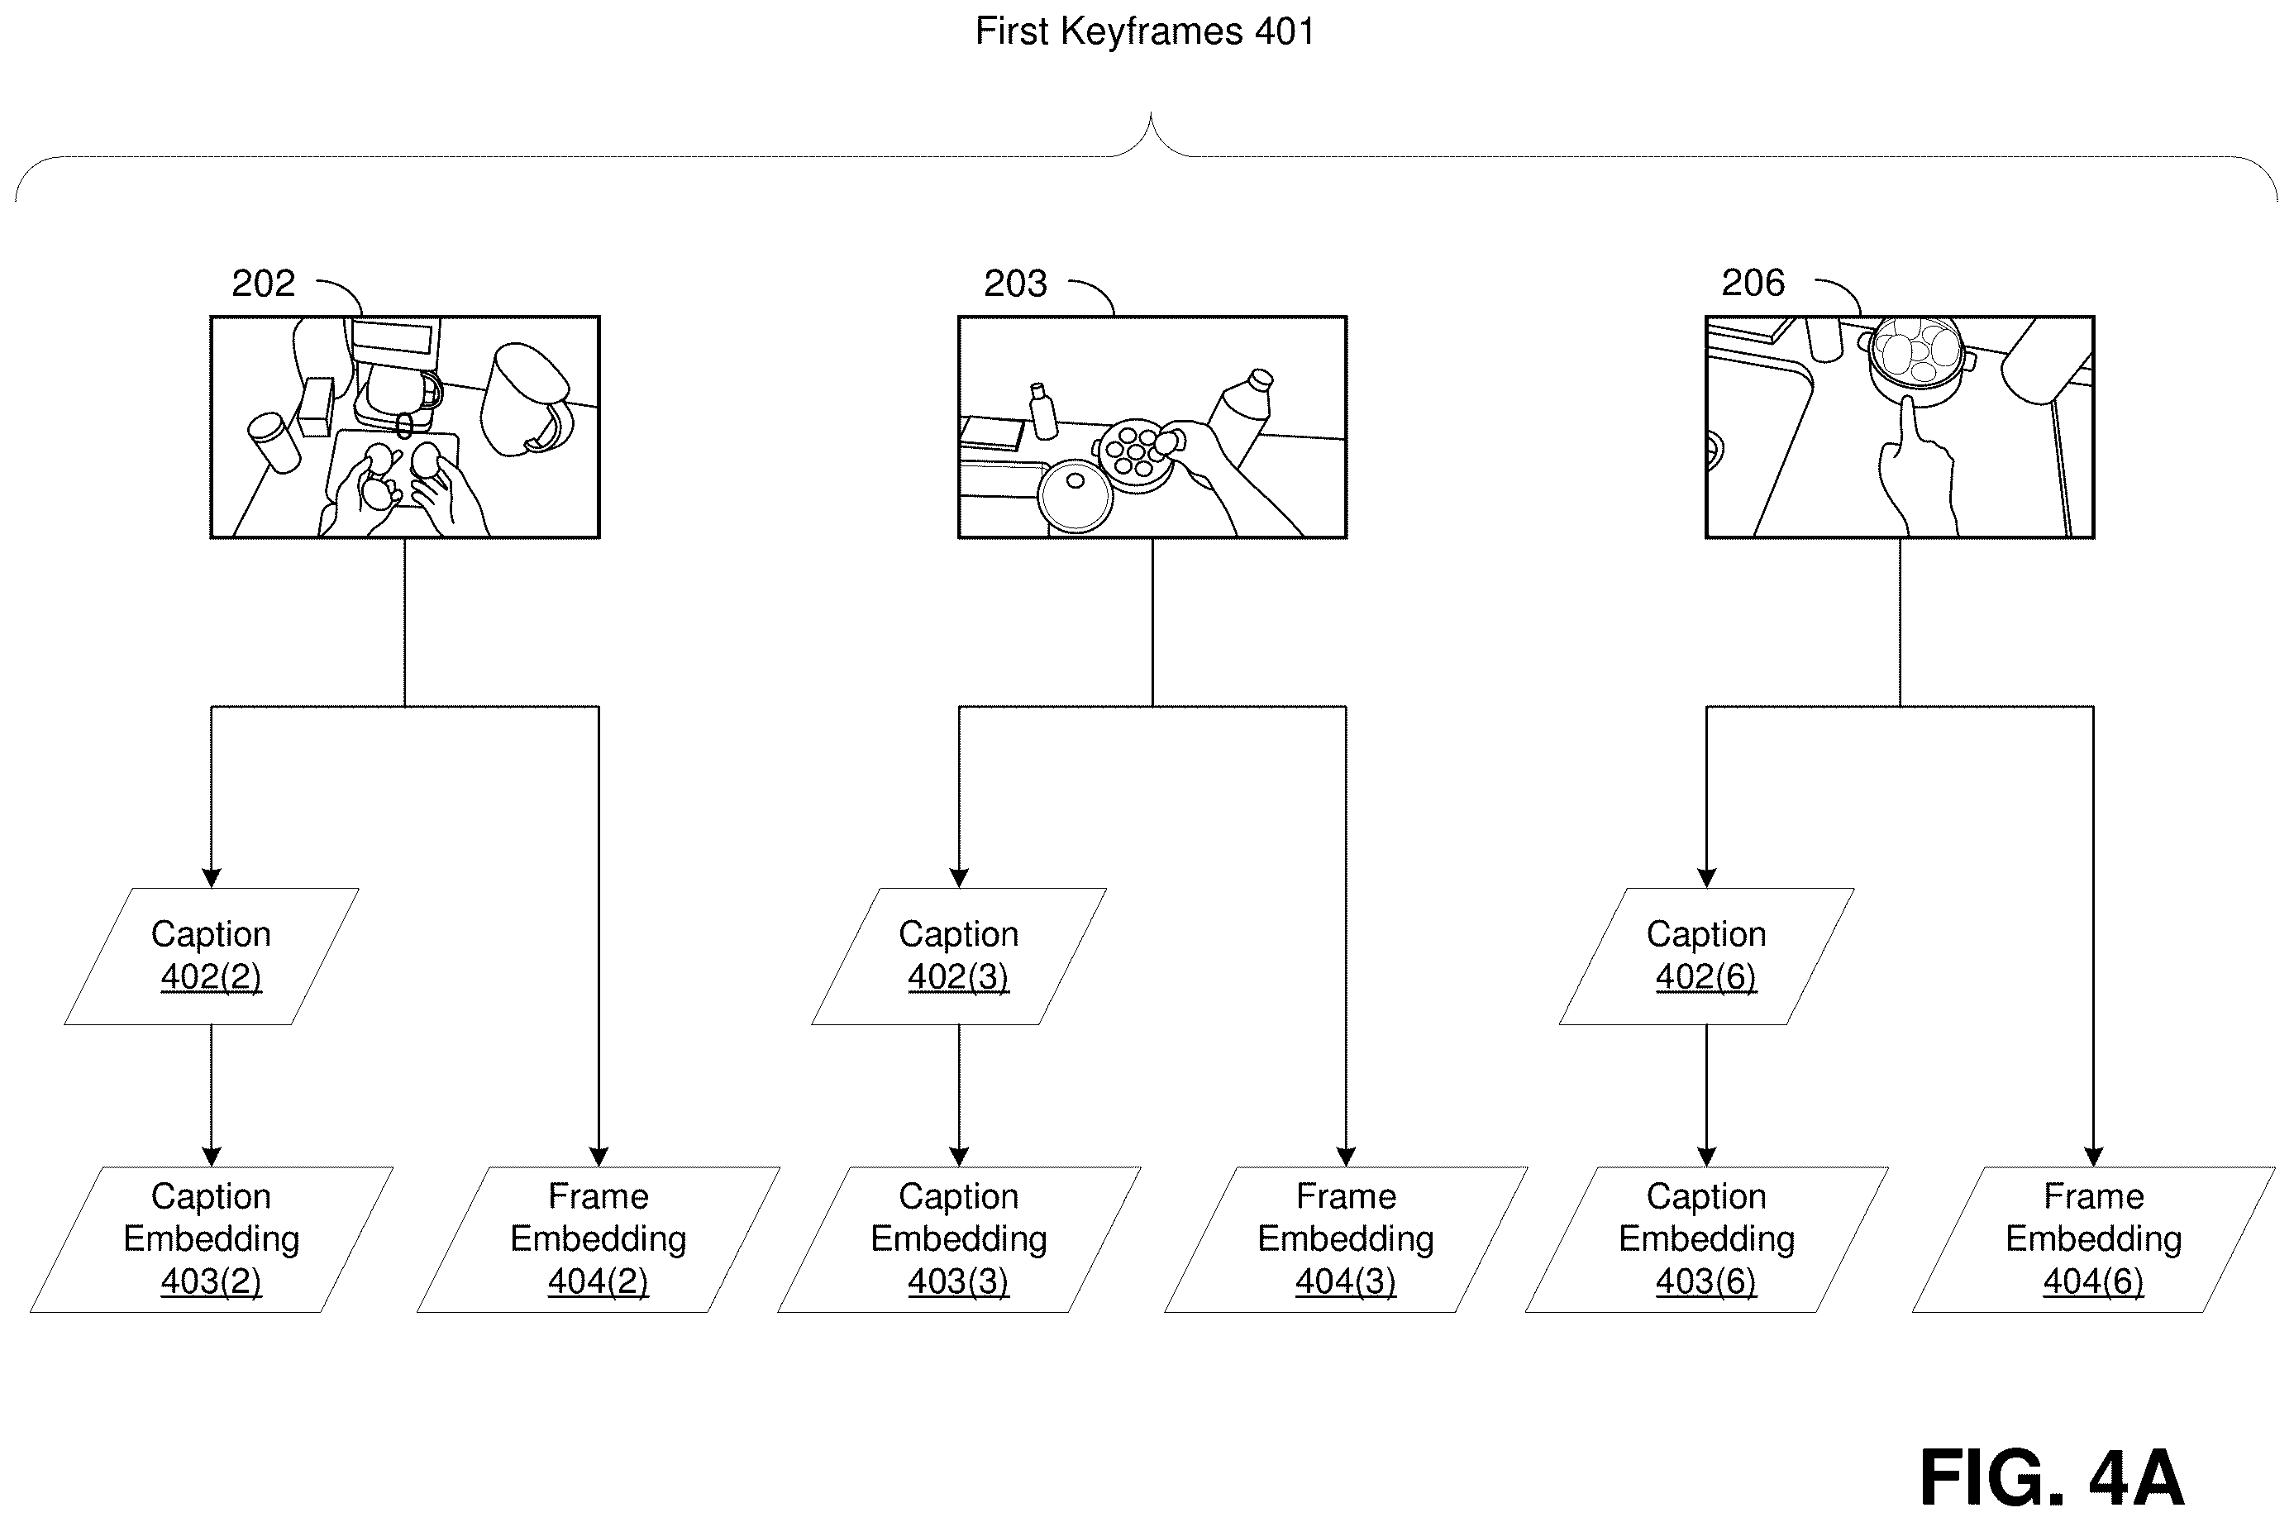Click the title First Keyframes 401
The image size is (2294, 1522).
(x=1145, y=32)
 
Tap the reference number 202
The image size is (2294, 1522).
(x=263, y=284)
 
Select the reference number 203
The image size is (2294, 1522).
(x=1015, y=284)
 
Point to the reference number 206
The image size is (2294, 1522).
(x=1753, y=283)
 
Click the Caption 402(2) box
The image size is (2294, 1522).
(x=212, y=956)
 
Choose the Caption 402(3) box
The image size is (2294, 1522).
(x=959, y=956)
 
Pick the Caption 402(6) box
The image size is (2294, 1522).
(x=1706, y=956)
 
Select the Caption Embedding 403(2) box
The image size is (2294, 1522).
(x=212, y=1239)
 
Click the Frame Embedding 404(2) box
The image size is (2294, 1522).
(x=599, y=1239)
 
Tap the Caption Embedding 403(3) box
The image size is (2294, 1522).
(x=959, y=1239)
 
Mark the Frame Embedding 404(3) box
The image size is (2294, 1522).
(x=1346, y=1239)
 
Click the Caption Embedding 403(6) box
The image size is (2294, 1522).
(x=1706, y=1239)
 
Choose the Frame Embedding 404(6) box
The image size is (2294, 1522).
(x=2093, y=1239)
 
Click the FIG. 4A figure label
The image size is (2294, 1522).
(x=2052, y=1477)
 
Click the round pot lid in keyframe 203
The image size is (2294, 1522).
(x=1075, y=495)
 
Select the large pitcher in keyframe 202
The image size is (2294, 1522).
(x=527, y=398)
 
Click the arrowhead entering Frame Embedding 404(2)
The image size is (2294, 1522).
(x=599, y=1157)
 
